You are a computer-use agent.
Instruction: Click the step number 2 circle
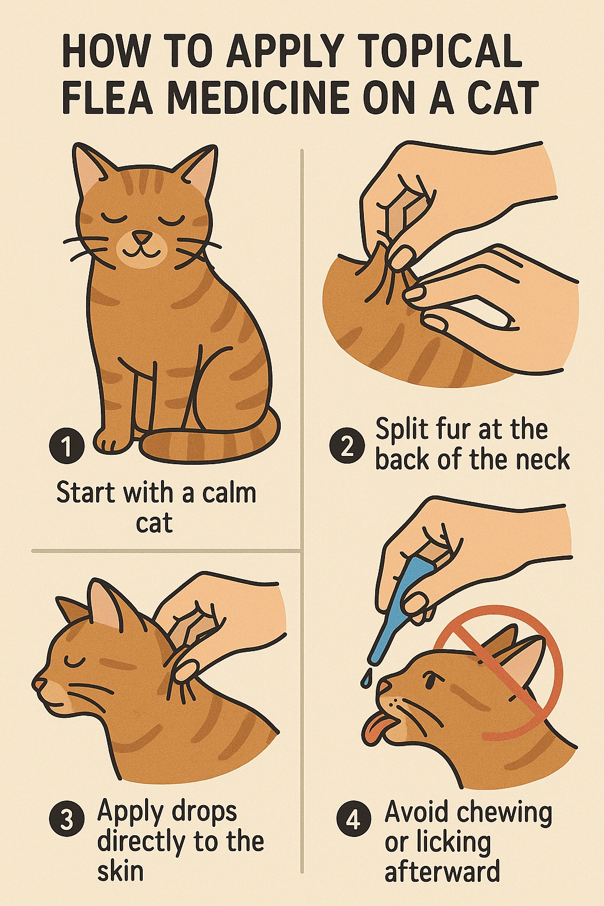(347, 446)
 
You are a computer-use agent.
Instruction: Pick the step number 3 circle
(67, 820)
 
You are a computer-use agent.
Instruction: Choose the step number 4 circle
(353, 820)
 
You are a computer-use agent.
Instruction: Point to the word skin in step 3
(120, 871)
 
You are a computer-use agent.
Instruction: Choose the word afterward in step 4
(442, 871)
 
